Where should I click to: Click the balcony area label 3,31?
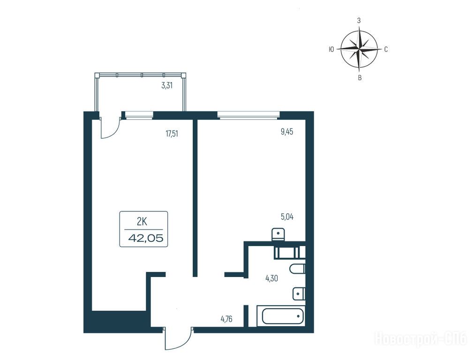pos(167,85)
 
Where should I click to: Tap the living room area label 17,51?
pos(172,134)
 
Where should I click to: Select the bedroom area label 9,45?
pos(287,132)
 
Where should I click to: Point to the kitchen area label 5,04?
pos(287,217)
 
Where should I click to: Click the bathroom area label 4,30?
pos(271,278)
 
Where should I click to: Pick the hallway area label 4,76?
pos(226,319)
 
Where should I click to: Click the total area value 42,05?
pos(146,238)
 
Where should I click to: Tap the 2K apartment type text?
pos(142,222)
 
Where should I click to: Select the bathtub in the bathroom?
pos(281,316)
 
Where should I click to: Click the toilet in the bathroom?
pos(297,269)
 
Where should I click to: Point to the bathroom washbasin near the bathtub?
pos(299,293)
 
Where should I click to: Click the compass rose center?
pos(359,49)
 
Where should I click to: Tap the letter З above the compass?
pos(359,21)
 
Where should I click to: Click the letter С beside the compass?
pos(386,50)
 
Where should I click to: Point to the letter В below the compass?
pos(360,78)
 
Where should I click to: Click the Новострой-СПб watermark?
pos(421,338)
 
